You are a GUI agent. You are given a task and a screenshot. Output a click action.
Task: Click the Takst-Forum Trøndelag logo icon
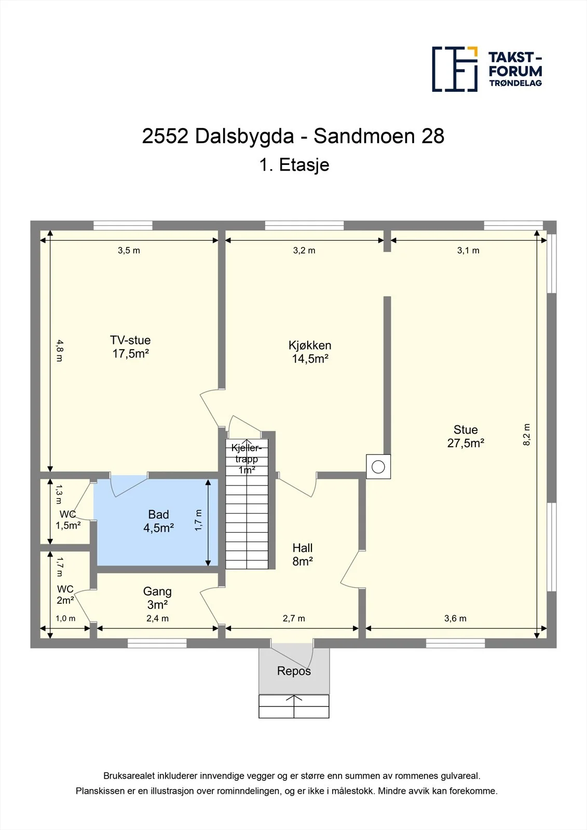455,69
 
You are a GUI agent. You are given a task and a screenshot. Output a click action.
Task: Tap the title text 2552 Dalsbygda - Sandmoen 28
293,136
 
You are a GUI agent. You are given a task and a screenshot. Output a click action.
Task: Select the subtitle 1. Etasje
294,164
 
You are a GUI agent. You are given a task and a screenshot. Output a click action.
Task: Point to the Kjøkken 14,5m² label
310,352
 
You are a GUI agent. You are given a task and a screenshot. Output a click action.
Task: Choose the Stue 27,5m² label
466,436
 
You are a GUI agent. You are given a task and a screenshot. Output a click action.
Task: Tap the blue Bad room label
159,521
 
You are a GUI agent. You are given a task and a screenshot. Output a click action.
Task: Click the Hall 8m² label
303,555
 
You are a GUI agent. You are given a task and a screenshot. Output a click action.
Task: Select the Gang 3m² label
157,598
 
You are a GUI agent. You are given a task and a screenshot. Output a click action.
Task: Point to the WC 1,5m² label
68,519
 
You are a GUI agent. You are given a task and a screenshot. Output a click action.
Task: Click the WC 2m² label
65,594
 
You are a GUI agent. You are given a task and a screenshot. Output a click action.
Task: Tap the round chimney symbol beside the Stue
378,466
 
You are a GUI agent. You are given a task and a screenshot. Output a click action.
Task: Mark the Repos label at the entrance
294,671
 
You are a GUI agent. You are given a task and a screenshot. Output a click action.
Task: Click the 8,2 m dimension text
527,435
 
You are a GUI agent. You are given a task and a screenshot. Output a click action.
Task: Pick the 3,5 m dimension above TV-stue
129,251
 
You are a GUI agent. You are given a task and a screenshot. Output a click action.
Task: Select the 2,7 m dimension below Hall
294,618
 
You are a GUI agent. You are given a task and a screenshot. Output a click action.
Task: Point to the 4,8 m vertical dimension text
59,351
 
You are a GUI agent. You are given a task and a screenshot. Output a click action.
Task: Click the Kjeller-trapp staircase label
247,459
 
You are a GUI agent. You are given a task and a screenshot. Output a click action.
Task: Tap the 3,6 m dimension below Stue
455,618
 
